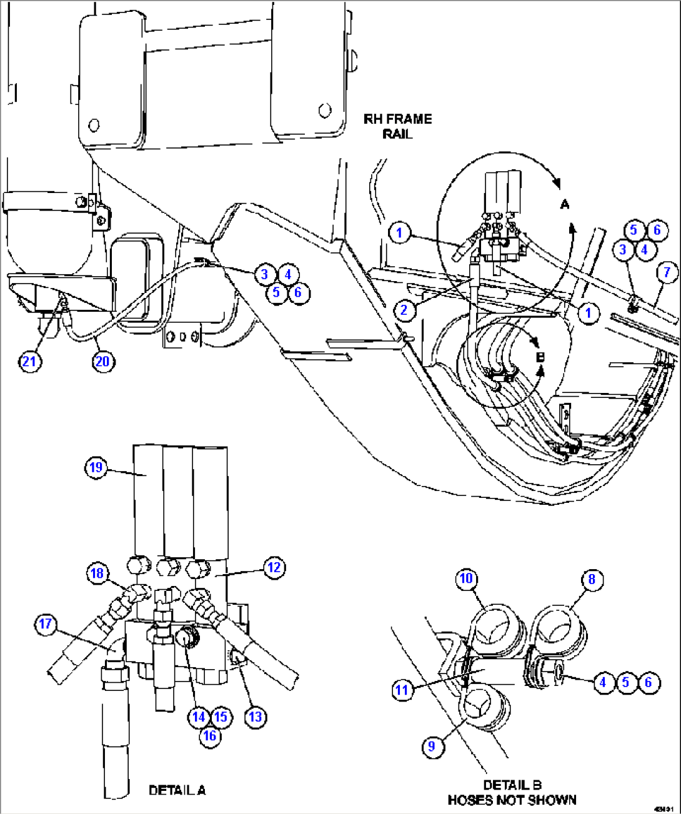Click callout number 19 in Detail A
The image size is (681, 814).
tap(96, 467)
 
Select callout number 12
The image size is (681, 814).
tap(274, 567)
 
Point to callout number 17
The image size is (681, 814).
tap(46, 623)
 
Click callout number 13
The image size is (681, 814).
tap(256, 717)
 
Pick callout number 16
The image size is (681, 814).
tap(209, 735)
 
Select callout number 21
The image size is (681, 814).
tap(29, 361)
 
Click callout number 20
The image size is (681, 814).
tap(102, 361)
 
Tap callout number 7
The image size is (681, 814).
tap(667, 272)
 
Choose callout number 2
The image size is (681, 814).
tap(404, 309)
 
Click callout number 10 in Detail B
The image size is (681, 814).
tap(466, 578)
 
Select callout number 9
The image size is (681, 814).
tap(432, 746)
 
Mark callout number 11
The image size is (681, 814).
tap(402, 690)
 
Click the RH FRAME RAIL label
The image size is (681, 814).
tap(398, 126)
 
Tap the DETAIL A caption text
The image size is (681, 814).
tap(177, 790)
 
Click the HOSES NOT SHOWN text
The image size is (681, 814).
tap(512, 800)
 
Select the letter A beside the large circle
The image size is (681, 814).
tap(565, 204)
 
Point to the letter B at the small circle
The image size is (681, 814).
tap(540, 357)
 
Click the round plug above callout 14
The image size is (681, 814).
tap(187, 638)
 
